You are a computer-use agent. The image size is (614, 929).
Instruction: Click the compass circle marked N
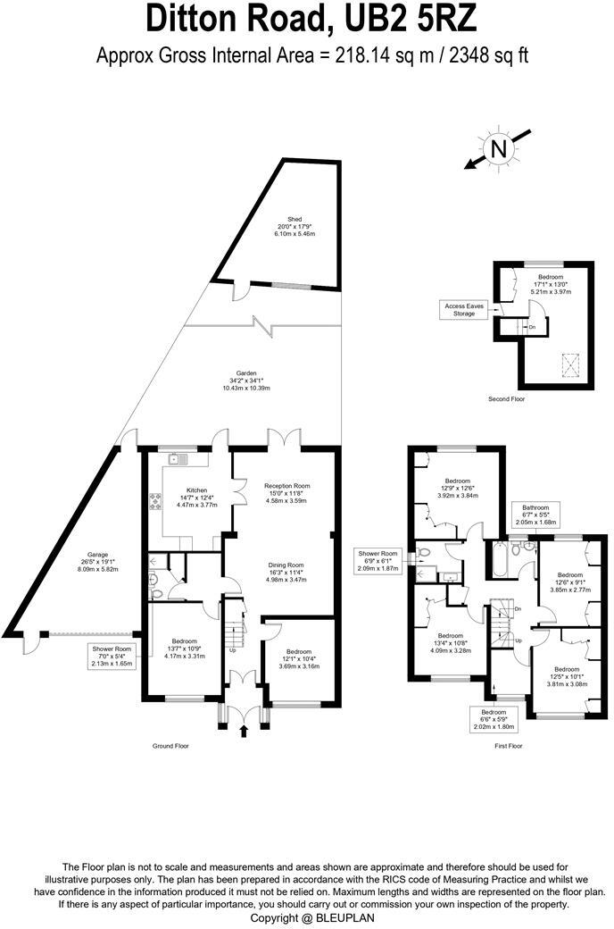point(499,149)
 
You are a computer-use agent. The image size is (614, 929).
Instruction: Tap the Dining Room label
point(287,572)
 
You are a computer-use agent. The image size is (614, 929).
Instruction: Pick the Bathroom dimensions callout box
point(536,515)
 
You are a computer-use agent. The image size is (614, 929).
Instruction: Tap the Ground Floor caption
point(170,745)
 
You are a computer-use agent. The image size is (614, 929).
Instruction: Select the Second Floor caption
point(507,398)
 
